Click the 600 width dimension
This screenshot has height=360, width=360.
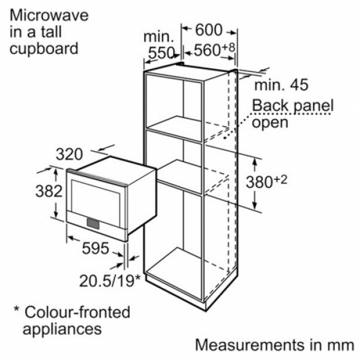(x=209, y=30)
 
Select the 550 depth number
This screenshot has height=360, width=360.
(x=161, y=53)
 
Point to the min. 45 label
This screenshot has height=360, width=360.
(x=281, y=85)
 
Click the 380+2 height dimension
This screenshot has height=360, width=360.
(x=266, y=181)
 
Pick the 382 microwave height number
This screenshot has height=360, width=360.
(x=49, y=191)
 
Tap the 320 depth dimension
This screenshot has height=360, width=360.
(x=70, y=154)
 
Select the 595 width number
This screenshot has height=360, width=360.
(x=95, y=248)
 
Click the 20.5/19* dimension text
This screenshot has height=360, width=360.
(x=110, y=281)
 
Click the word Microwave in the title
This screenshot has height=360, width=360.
(x=49, y=16)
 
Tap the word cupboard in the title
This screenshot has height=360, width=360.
(x=44, y=49)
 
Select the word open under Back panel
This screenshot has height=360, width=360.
(x=270, y=123)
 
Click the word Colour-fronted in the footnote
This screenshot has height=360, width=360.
(x=77, y=312)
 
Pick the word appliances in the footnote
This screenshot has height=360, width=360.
(x=62, y=329)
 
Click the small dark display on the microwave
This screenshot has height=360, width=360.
(x=93, y=224)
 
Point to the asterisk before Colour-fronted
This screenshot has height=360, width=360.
(x=16, y=308)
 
